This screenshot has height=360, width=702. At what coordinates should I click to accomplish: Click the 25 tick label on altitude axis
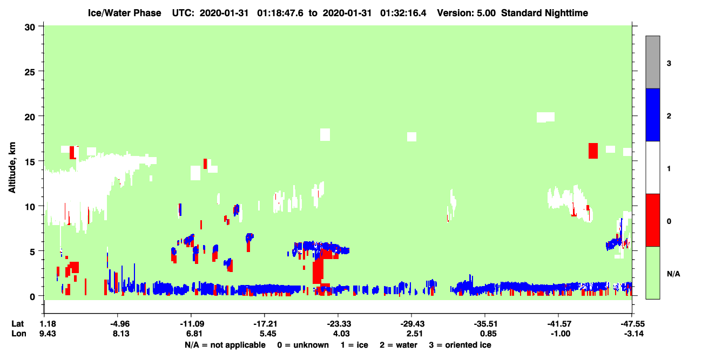click(30, 72)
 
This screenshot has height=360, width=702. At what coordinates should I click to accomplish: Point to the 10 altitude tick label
click(30, 207)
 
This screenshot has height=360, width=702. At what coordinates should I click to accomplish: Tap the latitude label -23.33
click(339, 324)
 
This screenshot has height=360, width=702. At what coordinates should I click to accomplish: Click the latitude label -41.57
click(559, 324)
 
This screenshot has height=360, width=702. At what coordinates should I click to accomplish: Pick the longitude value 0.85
click(488, 334)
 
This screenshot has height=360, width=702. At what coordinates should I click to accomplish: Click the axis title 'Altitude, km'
click(12, 167)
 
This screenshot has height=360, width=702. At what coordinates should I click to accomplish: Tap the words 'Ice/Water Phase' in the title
click(124, 13)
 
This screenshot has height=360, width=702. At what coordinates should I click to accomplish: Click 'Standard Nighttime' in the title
click(544, 13)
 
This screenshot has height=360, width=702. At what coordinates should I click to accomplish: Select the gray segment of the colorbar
click(652, 62)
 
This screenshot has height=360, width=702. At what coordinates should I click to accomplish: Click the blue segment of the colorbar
click(652, 114)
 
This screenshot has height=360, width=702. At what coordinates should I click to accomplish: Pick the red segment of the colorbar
click(652, 220)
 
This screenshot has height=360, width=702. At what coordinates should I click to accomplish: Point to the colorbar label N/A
click(673, 274)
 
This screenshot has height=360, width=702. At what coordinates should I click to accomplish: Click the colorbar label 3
click(669, 64)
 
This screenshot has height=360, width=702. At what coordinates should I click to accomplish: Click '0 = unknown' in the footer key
click(303, 345)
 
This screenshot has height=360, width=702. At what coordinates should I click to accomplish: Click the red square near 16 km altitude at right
click(593, 151)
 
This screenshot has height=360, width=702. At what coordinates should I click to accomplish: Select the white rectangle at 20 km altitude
click(545, 117)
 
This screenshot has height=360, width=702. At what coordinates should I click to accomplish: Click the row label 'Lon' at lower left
click(19, 334)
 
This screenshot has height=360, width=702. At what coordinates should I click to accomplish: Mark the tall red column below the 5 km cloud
click(318, 271)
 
